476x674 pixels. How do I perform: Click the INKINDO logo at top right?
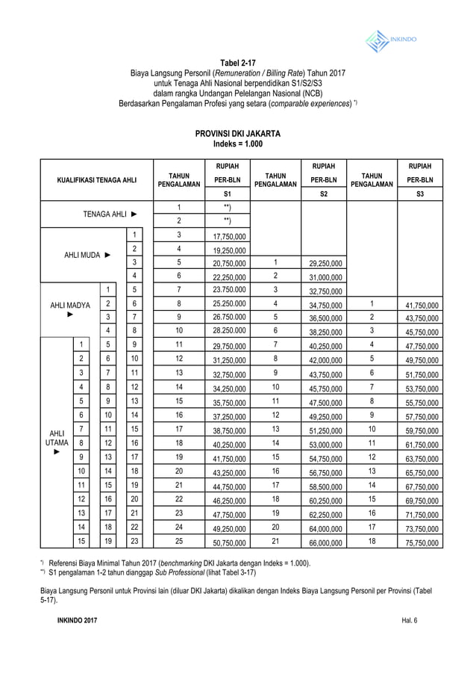pyautogui.click(x=391, y=39)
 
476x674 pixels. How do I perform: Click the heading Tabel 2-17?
pyautogui.click(x=237, y=62)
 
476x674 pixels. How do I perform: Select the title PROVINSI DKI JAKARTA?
pyautogui.click(x=237, y=133)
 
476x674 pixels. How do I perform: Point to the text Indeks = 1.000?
pyautogui.click(x=237, y=144)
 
